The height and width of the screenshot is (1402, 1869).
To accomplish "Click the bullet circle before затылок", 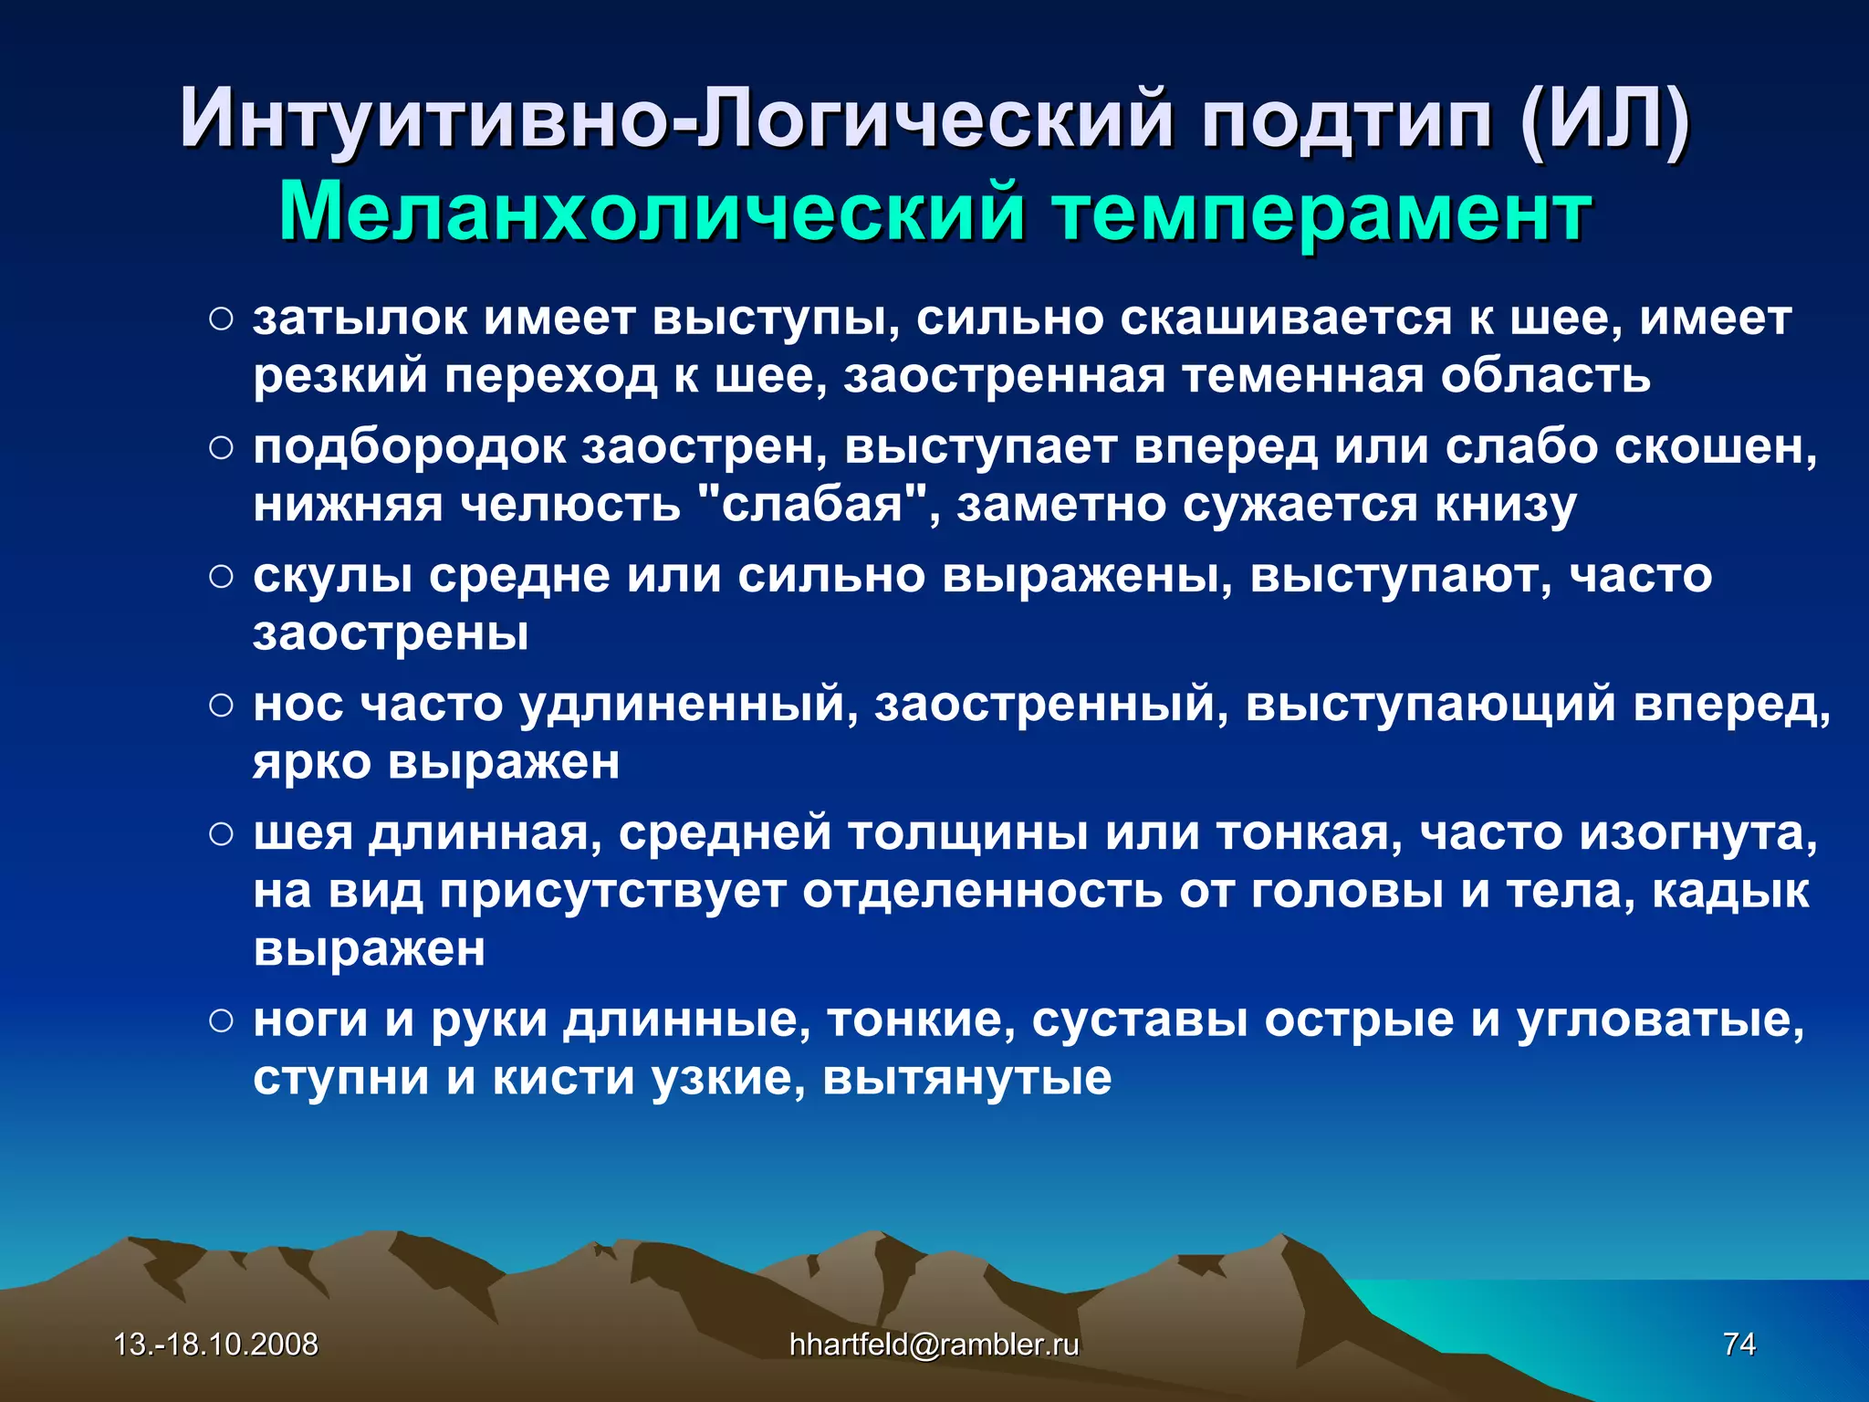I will (221, 319).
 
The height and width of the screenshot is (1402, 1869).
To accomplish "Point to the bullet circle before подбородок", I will (221, 448).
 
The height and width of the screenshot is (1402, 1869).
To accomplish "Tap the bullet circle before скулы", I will (221, 577).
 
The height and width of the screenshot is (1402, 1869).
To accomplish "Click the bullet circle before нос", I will (221, 706).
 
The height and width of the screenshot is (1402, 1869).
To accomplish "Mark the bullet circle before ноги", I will (221, 1020).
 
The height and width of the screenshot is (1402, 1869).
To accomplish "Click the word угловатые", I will (1660, 1020).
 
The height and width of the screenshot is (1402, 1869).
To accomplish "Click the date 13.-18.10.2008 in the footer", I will (216, 1344).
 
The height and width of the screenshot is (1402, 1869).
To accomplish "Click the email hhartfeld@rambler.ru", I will (934, 1344).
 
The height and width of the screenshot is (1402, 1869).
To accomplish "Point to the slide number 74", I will (1738, 1344).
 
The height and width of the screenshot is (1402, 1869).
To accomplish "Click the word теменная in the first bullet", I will (1302, 376).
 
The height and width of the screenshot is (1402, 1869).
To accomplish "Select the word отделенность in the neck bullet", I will (982, 892).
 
